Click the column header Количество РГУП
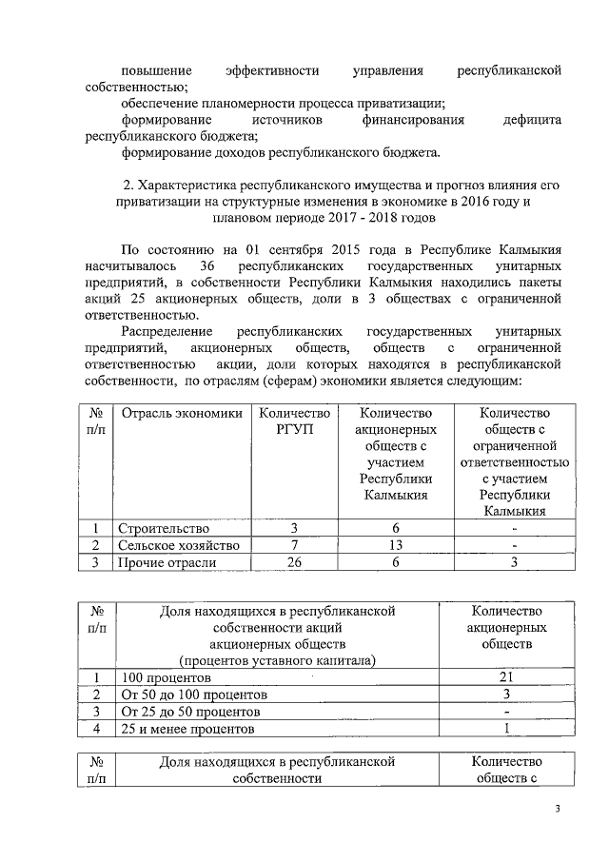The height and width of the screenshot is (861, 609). pos(294,421)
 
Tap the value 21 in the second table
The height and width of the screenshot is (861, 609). pos(506,677)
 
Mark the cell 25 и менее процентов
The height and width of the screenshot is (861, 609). pos(187,729)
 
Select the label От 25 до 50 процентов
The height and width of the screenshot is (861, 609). pos(189,712)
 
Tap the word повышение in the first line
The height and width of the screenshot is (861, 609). pos(157,70)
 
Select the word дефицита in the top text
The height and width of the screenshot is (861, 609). pos(532,120)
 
